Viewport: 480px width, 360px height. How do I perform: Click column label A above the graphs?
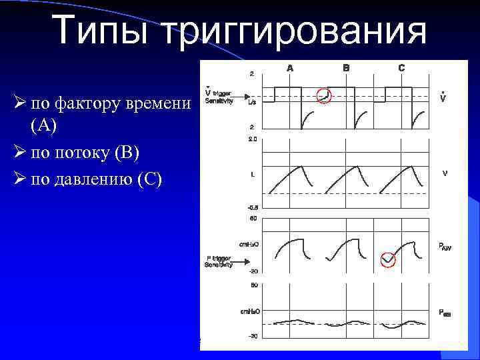290,67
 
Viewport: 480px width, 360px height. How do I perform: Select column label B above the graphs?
346,67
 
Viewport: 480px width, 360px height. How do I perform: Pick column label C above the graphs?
401,67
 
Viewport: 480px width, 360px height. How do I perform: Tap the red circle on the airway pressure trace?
387,259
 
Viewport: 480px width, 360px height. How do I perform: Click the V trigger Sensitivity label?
219,97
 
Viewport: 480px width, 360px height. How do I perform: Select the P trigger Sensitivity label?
218,261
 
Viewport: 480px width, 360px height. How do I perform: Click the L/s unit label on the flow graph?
252,103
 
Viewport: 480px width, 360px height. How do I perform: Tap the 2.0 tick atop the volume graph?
252,139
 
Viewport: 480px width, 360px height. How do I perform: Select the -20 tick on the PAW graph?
253,271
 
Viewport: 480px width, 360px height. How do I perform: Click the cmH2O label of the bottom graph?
249,311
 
